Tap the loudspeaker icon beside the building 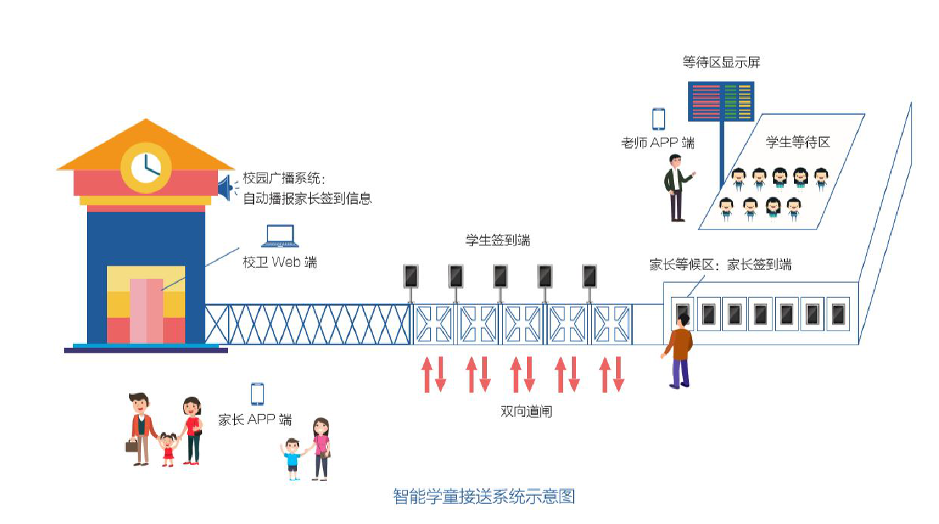click(225, 187)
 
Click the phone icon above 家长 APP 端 click(257, 394)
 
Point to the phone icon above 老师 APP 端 click(659, 119)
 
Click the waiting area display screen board click(722, 102)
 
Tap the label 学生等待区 click(797, 143)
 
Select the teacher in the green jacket click(677, 187)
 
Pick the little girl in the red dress click(167, 450)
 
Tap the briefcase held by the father click(132, 445)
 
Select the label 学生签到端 click(498, 240)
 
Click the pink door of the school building click(146, 311)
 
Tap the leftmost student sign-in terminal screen click(411, 276)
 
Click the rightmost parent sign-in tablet click(837, 314)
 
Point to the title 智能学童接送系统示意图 click(483, 497)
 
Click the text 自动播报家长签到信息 click(307, 198)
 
